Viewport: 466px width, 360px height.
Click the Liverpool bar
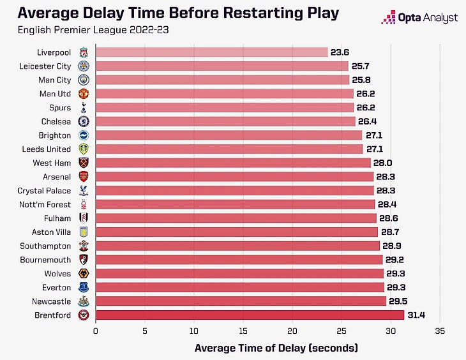[211, 52]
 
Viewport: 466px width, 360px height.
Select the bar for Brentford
[250, 315]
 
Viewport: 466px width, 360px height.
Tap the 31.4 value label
[417, 315]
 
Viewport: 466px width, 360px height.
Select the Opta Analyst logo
[419, 18]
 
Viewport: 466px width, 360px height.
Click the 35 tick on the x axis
[439, 331]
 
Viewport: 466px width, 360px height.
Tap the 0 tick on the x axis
[96, 331]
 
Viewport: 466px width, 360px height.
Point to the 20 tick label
[292, 331]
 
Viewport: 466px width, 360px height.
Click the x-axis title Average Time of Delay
[276, 348]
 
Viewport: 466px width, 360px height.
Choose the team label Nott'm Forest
[44, 204]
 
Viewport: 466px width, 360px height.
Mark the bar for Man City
[222, 80]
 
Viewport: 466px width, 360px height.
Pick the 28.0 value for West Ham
[384, 163]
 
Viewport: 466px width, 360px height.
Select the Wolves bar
[239, 273]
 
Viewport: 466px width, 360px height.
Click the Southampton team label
[46, 246]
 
